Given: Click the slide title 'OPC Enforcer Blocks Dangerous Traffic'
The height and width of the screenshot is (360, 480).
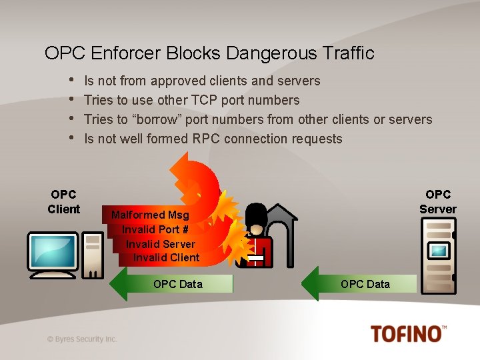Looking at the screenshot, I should click(209, 53).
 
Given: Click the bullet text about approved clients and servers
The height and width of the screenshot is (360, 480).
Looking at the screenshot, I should click(202, 81).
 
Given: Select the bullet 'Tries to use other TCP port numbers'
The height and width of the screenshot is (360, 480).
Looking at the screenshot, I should click(192, 101).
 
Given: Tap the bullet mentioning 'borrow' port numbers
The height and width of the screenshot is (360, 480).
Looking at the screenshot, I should click(258, 120).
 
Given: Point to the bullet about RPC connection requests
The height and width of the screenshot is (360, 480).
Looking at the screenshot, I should click(213, 139).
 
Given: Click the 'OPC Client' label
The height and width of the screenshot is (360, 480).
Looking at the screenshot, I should click(64, 201).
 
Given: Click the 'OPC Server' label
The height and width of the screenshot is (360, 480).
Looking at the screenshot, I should click(437, 201).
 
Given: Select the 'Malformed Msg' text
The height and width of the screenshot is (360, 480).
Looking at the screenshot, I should click(150, 215).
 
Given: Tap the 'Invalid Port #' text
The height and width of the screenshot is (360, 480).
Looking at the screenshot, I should click(155, 230).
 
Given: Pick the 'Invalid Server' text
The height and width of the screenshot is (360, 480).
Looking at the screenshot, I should click(161, 244).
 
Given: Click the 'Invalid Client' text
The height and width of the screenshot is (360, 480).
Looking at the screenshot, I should click(166, 258).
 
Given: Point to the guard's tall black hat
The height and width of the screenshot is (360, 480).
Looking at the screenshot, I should click(256, 215).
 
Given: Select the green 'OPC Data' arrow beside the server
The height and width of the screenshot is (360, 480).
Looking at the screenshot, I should click(360, 284).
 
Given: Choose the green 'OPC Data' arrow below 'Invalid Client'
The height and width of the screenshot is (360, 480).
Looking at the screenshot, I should click(173, 284).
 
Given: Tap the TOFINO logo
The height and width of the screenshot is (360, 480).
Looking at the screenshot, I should click(408, 333).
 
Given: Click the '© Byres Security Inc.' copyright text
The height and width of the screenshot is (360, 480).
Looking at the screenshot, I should click(82, 339).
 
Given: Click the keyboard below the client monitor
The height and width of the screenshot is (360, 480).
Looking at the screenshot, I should click(53, 274).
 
